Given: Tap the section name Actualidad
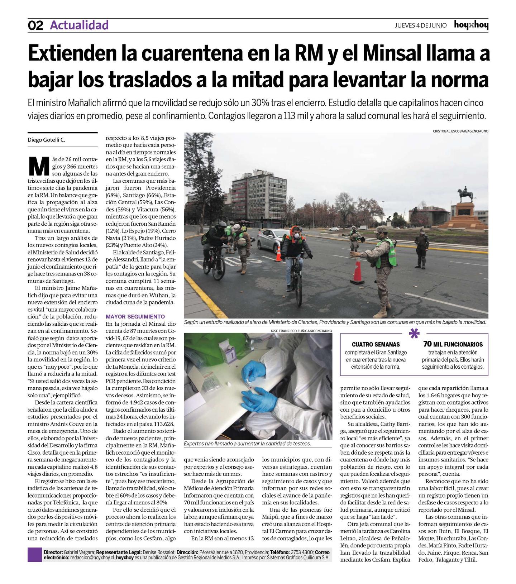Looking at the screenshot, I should (79, 25).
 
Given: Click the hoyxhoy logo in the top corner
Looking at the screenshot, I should (471, 25).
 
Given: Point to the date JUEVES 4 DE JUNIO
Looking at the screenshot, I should (421, 25).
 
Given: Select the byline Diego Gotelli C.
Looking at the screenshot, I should (47, 140).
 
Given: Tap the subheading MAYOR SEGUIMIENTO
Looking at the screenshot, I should (135, 317).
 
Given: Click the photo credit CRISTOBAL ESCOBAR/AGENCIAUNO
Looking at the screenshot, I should (460, 131).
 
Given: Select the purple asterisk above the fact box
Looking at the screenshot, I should (414, 334).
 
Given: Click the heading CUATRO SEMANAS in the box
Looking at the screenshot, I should (376, 344).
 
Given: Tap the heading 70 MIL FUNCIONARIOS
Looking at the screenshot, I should (453, 344).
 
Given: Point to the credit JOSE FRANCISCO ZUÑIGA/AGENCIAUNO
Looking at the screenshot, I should (301, 331).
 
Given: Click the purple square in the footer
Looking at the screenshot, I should (35, 555).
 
